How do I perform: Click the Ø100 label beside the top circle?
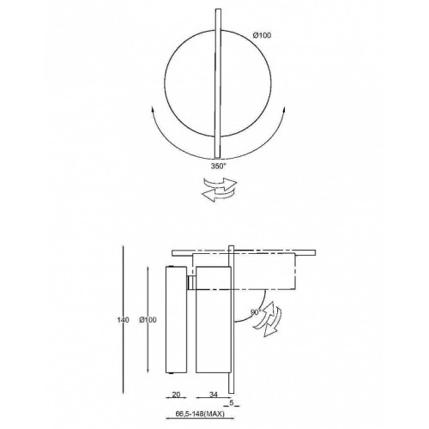coord(262,35)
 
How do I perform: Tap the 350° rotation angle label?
coord(219,166)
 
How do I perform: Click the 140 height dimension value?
coord(123,320)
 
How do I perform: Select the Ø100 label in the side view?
coord(148,320)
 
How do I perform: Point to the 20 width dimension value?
coord(177,395)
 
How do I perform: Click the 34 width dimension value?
coord(214,395)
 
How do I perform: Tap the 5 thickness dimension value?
coord(232,402)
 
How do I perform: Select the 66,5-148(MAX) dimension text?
coord(200,414)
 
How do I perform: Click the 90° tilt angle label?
coord(256,312)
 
